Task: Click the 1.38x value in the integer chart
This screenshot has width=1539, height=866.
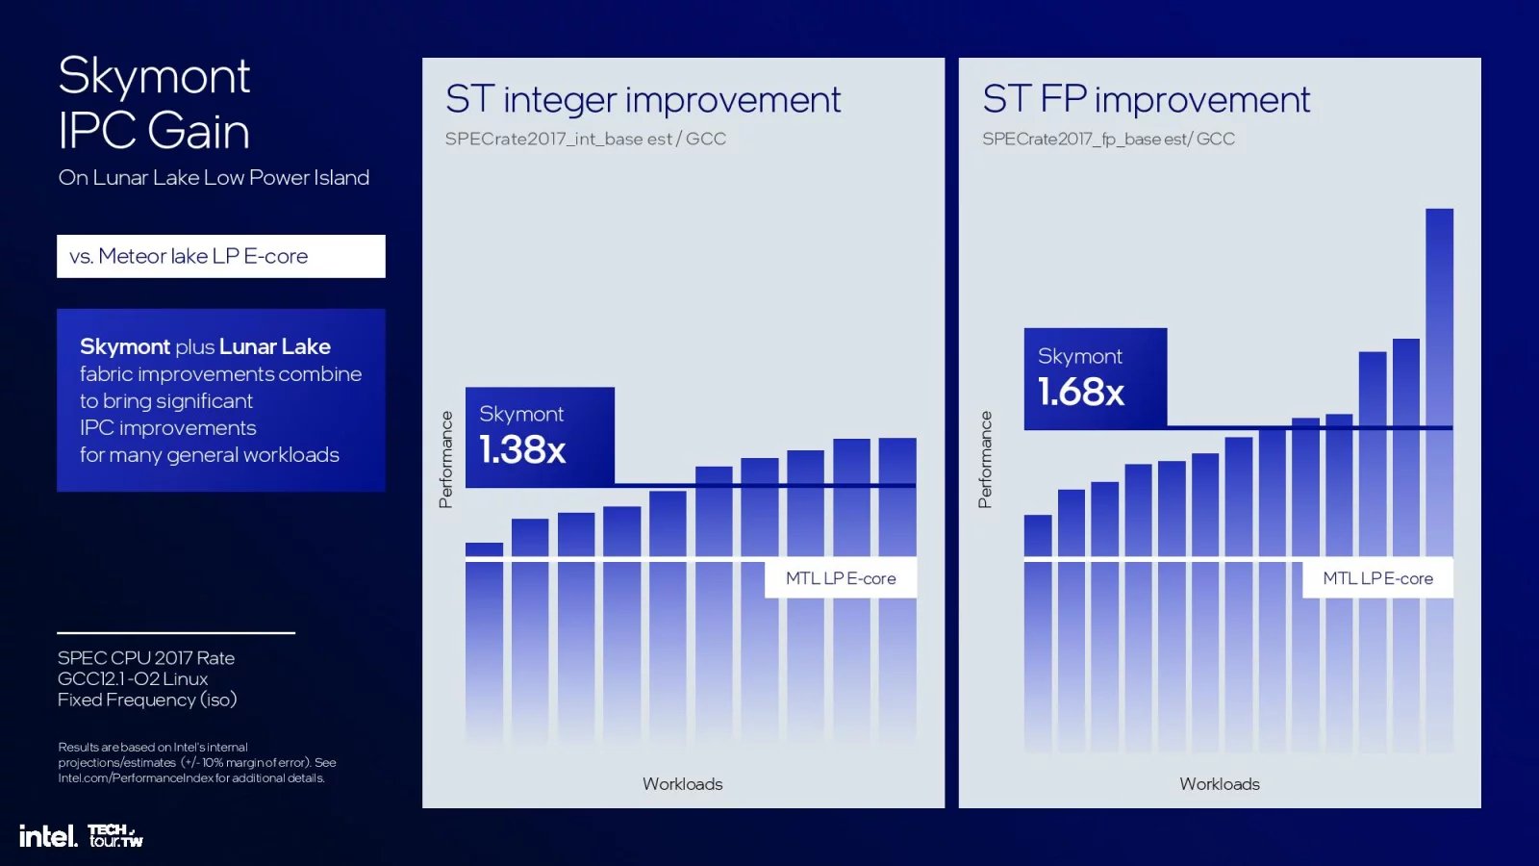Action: click(x=522, y=449)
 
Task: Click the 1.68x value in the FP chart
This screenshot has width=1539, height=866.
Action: click(x=1081, y=392)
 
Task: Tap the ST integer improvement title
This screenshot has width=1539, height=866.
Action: click(x=643, y=100)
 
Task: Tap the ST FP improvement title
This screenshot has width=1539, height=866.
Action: click(x=1146, y=100)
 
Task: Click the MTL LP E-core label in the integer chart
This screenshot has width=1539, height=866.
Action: click(x=841, y=578)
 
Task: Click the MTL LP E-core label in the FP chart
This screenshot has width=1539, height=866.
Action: click(x=1377, y=578)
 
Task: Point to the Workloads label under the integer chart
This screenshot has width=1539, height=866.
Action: click(x=682, y=784)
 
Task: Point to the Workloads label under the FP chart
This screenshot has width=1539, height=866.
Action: click(x=1219, y=784)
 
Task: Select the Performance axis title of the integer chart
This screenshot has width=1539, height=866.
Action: click(x=445, y=459)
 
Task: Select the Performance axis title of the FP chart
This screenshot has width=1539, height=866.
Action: click(x=984, y=459)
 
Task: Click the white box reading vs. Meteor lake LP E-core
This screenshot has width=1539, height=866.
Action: click(x=220, y=256)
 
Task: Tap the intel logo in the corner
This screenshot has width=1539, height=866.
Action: click(x=47, y=836)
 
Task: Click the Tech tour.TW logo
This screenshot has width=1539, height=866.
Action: click(x=114, y=835)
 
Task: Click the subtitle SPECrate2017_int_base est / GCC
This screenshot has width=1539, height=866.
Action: click(x=585, y=140)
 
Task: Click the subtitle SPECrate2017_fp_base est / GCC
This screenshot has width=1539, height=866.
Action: click(x=1108, y=140)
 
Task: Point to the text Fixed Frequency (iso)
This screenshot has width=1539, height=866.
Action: click(x=147, y=700)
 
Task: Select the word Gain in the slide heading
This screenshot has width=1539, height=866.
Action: click(x=198, y=131)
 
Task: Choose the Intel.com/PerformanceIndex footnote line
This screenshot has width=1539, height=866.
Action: click(x=191, y=777)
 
